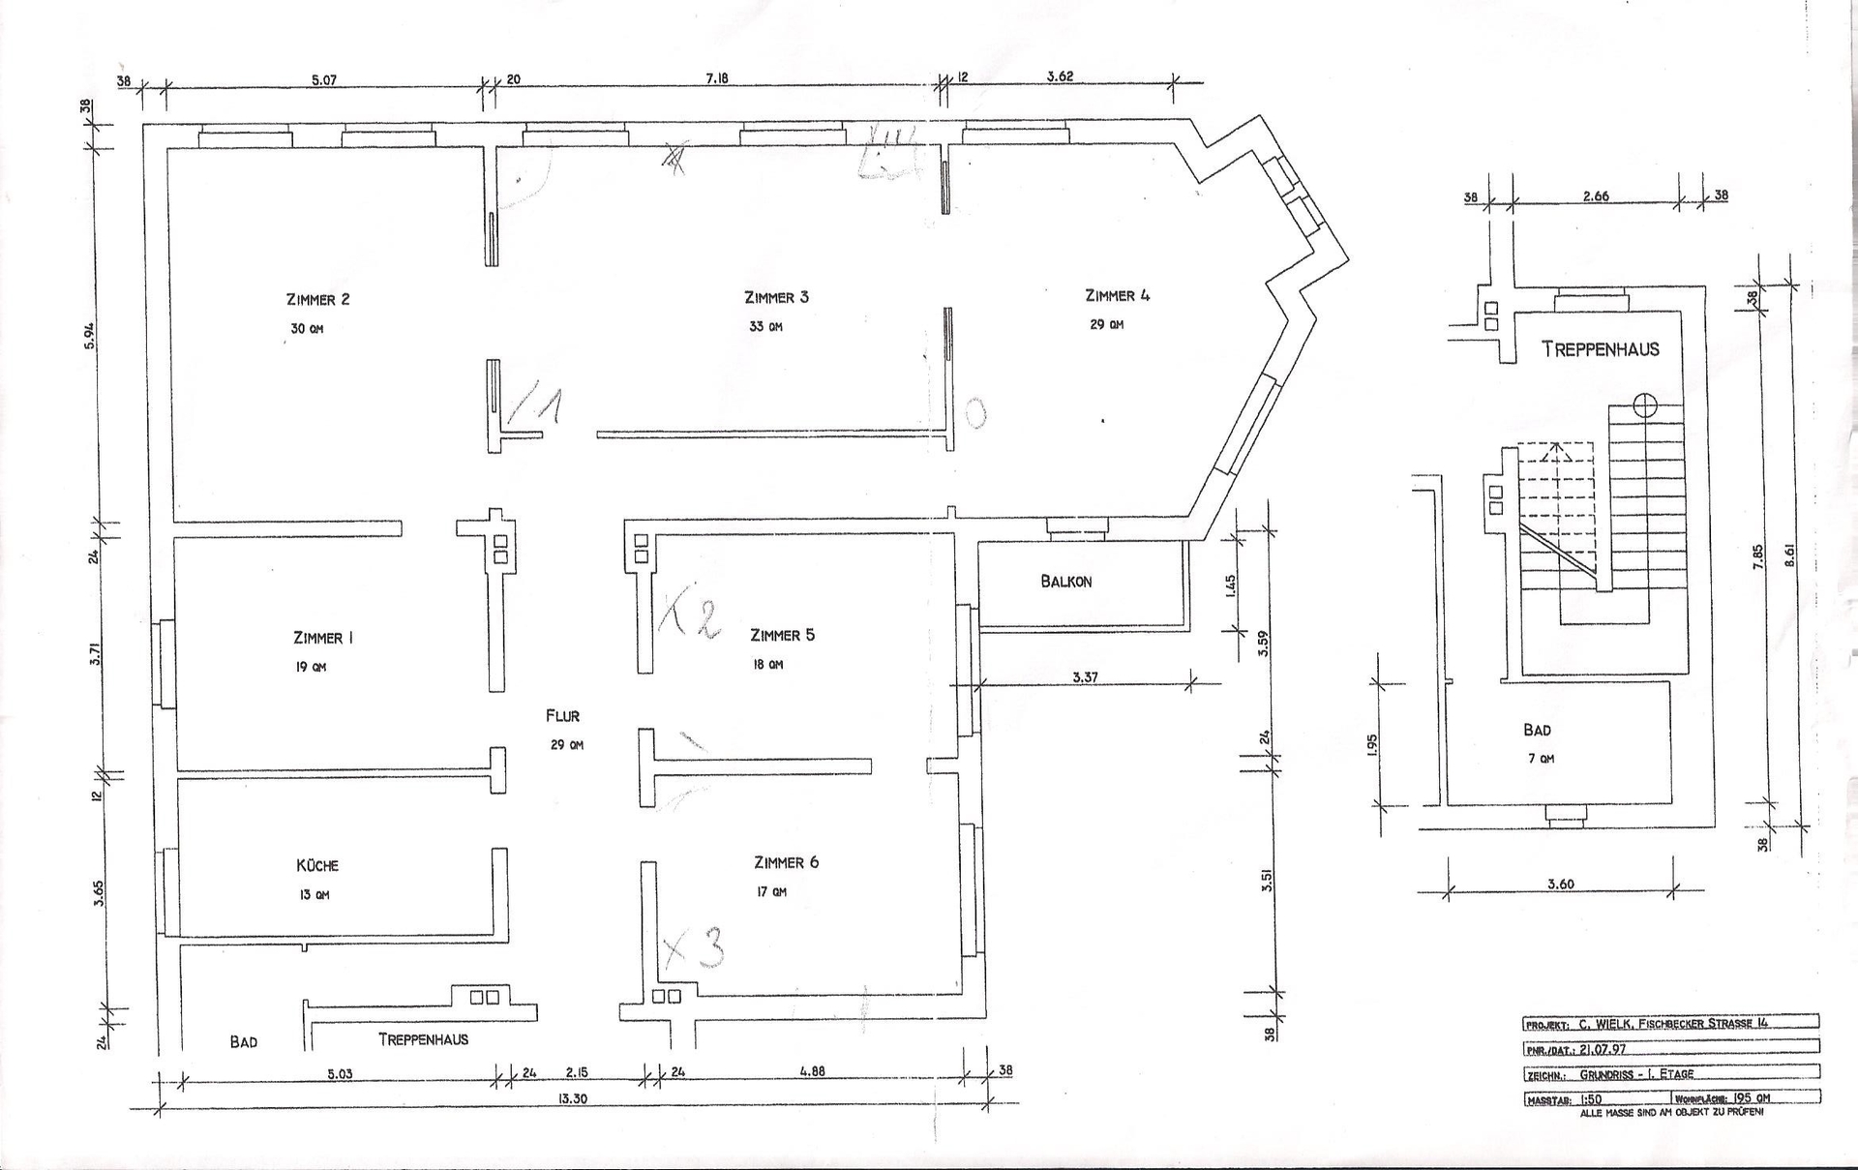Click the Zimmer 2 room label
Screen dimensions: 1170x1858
[x=317, y=300]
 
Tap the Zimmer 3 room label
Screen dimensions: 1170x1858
[x=776, y=297]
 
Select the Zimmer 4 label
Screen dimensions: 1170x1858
[x=1117, y=296]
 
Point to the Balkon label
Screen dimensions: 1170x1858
[x=1066, y=582]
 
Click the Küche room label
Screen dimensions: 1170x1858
[x=317, y=866]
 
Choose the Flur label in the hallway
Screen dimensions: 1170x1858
[x=562, y=716]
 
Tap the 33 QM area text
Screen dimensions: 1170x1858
[x=765, y=327]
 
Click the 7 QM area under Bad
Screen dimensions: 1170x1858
[x=1541, y=760]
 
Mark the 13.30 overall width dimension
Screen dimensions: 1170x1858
[x=574, y=1099]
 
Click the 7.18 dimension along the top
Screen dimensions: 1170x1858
[x=717, y=78]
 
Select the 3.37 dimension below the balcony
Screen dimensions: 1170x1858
[x=1085, y=677]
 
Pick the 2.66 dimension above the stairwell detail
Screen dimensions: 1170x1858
[x=1596, y=196]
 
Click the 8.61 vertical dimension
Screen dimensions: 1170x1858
[x=1789, y=555]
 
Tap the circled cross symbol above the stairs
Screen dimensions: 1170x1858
[x=1645, y=405]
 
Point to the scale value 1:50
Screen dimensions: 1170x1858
[x=1594, y=1099]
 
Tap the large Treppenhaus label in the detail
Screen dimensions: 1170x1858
[x=1601, y=349]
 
